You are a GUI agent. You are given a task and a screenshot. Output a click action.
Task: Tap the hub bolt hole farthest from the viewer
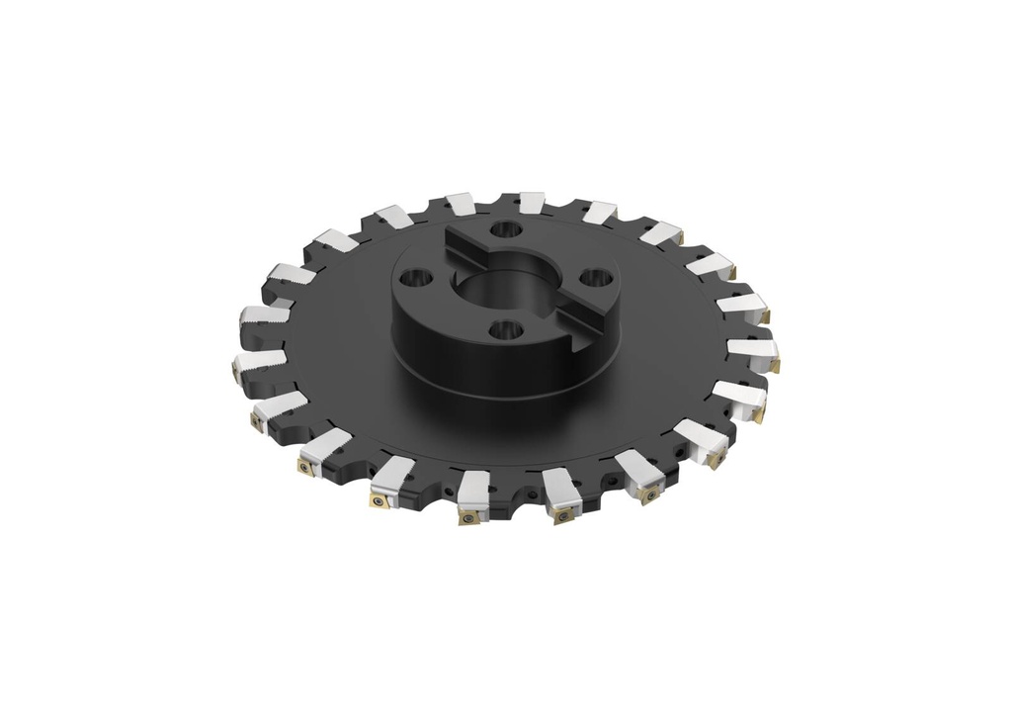[x=507, y=229]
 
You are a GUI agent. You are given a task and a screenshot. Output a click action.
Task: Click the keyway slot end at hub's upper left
[x=456, y=240]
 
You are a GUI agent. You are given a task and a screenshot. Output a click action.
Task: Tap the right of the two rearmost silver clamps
[x=531, y=204]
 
